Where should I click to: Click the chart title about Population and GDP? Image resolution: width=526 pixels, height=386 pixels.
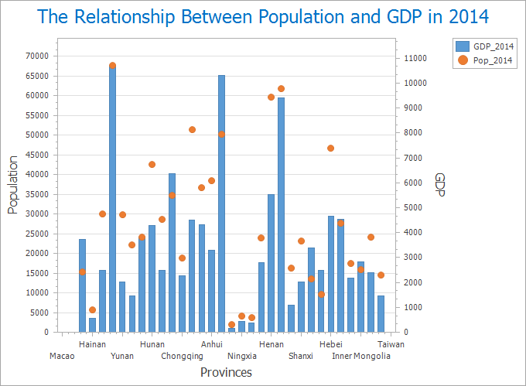[x=263, y=17]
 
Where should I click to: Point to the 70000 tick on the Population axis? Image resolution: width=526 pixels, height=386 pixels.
[x=37, y=56]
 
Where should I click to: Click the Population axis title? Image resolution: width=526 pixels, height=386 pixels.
[x=13, y=185]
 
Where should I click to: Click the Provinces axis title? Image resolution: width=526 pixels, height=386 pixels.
[x=226, y=372]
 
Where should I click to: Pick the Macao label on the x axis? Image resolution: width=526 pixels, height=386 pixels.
[x=62, y=356]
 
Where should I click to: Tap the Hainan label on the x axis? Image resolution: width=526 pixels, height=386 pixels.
[x=92, y=344]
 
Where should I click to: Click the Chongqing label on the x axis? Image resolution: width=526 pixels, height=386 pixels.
[x=182, y=356]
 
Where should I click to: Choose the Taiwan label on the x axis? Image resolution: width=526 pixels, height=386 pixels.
[x=391, y=344]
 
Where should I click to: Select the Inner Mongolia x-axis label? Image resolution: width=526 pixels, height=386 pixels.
[x=361, y=356]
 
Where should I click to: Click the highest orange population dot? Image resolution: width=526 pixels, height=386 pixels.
[x=112, y=66]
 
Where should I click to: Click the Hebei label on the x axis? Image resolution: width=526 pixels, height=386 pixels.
[x=331, y=344]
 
